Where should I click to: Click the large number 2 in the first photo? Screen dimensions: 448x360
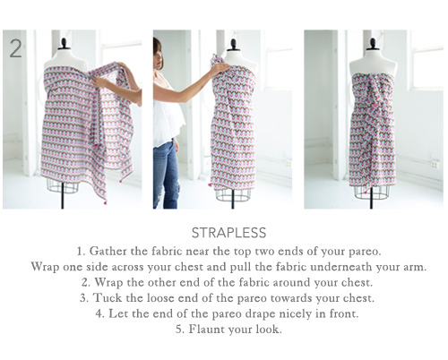(15, 48)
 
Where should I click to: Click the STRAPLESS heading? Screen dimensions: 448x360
(228, 233)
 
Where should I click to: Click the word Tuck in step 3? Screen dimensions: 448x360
(108, 298)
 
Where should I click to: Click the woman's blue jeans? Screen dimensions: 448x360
(166, 175)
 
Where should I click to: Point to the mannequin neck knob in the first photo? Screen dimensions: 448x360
(64, 43)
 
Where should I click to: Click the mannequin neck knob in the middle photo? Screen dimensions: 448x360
(233, 44)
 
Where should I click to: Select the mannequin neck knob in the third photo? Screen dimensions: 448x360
(373, 44)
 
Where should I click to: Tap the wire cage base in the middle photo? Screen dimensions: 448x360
(233, 194)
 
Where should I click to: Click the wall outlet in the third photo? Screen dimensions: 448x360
(435, 165)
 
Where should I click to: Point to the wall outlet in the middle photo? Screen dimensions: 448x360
(289, 164)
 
